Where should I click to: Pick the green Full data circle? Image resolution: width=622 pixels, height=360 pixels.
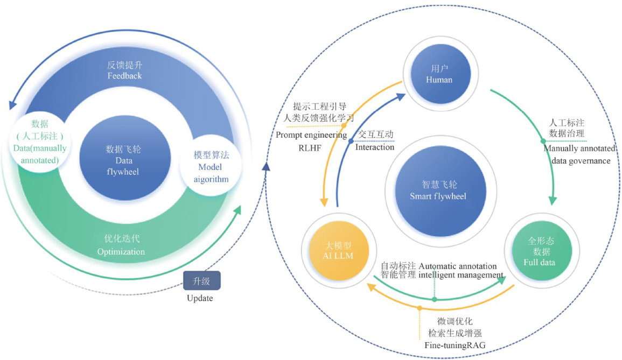[x=540, y=251]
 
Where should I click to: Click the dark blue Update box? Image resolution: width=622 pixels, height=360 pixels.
[x=202, y=281]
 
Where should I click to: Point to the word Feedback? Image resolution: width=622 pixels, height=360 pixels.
[x=124, y=76]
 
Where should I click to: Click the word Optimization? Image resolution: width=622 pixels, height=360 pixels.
[x=121, y=251]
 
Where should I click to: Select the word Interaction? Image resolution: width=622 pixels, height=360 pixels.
[x=375, y=147]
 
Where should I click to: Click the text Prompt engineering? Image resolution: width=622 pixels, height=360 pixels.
[x=311, y=135]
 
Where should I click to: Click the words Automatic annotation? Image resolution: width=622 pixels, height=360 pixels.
[x=462, y=265]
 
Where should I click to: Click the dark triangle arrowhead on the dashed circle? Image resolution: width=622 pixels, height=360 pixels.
[x=265, y=167]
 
